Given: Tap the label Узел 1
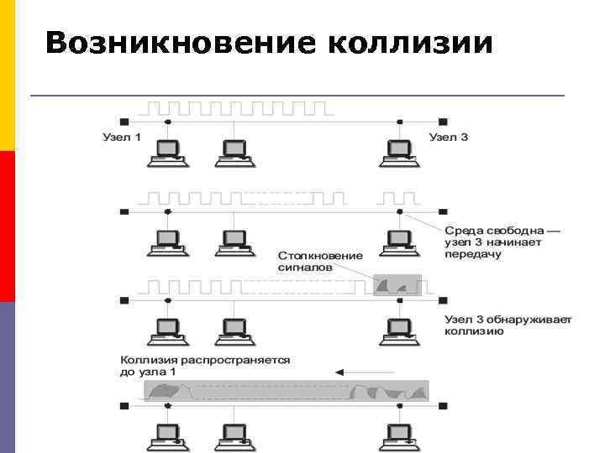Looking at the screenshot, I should coord(122,137).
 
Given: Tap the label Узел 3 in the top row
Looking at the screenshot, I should coord(448,137).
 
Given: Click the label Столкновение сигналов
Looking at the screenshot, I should coord(320,261).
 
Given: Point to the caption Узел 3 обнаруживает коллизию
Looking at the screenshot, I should coord(508,325).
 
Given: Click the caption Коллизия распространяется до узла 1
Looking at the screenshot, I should coord(205,365).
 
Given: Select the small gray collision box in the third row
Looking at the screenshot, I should coord(396,285).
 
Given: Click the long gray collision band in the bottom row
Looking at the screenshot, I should coord(286,391).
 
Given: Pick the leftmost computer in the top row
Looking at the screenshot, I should coord(167,151).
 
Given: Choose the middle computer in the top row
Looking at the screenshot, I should coord(234,151).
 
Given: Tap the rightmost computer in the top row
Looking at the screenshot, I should coord(398,151).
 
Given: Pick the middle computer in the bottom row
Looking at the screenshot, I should coord(234,433).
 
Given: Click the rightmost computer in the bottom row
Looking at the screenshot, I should coord(398,433).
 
